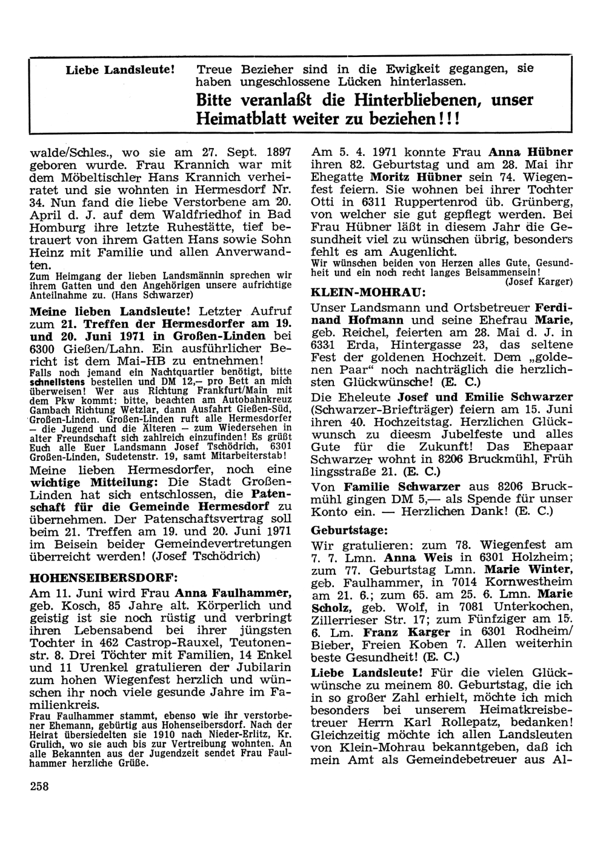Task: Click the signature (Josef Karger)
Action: click(x=539, y=281)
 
